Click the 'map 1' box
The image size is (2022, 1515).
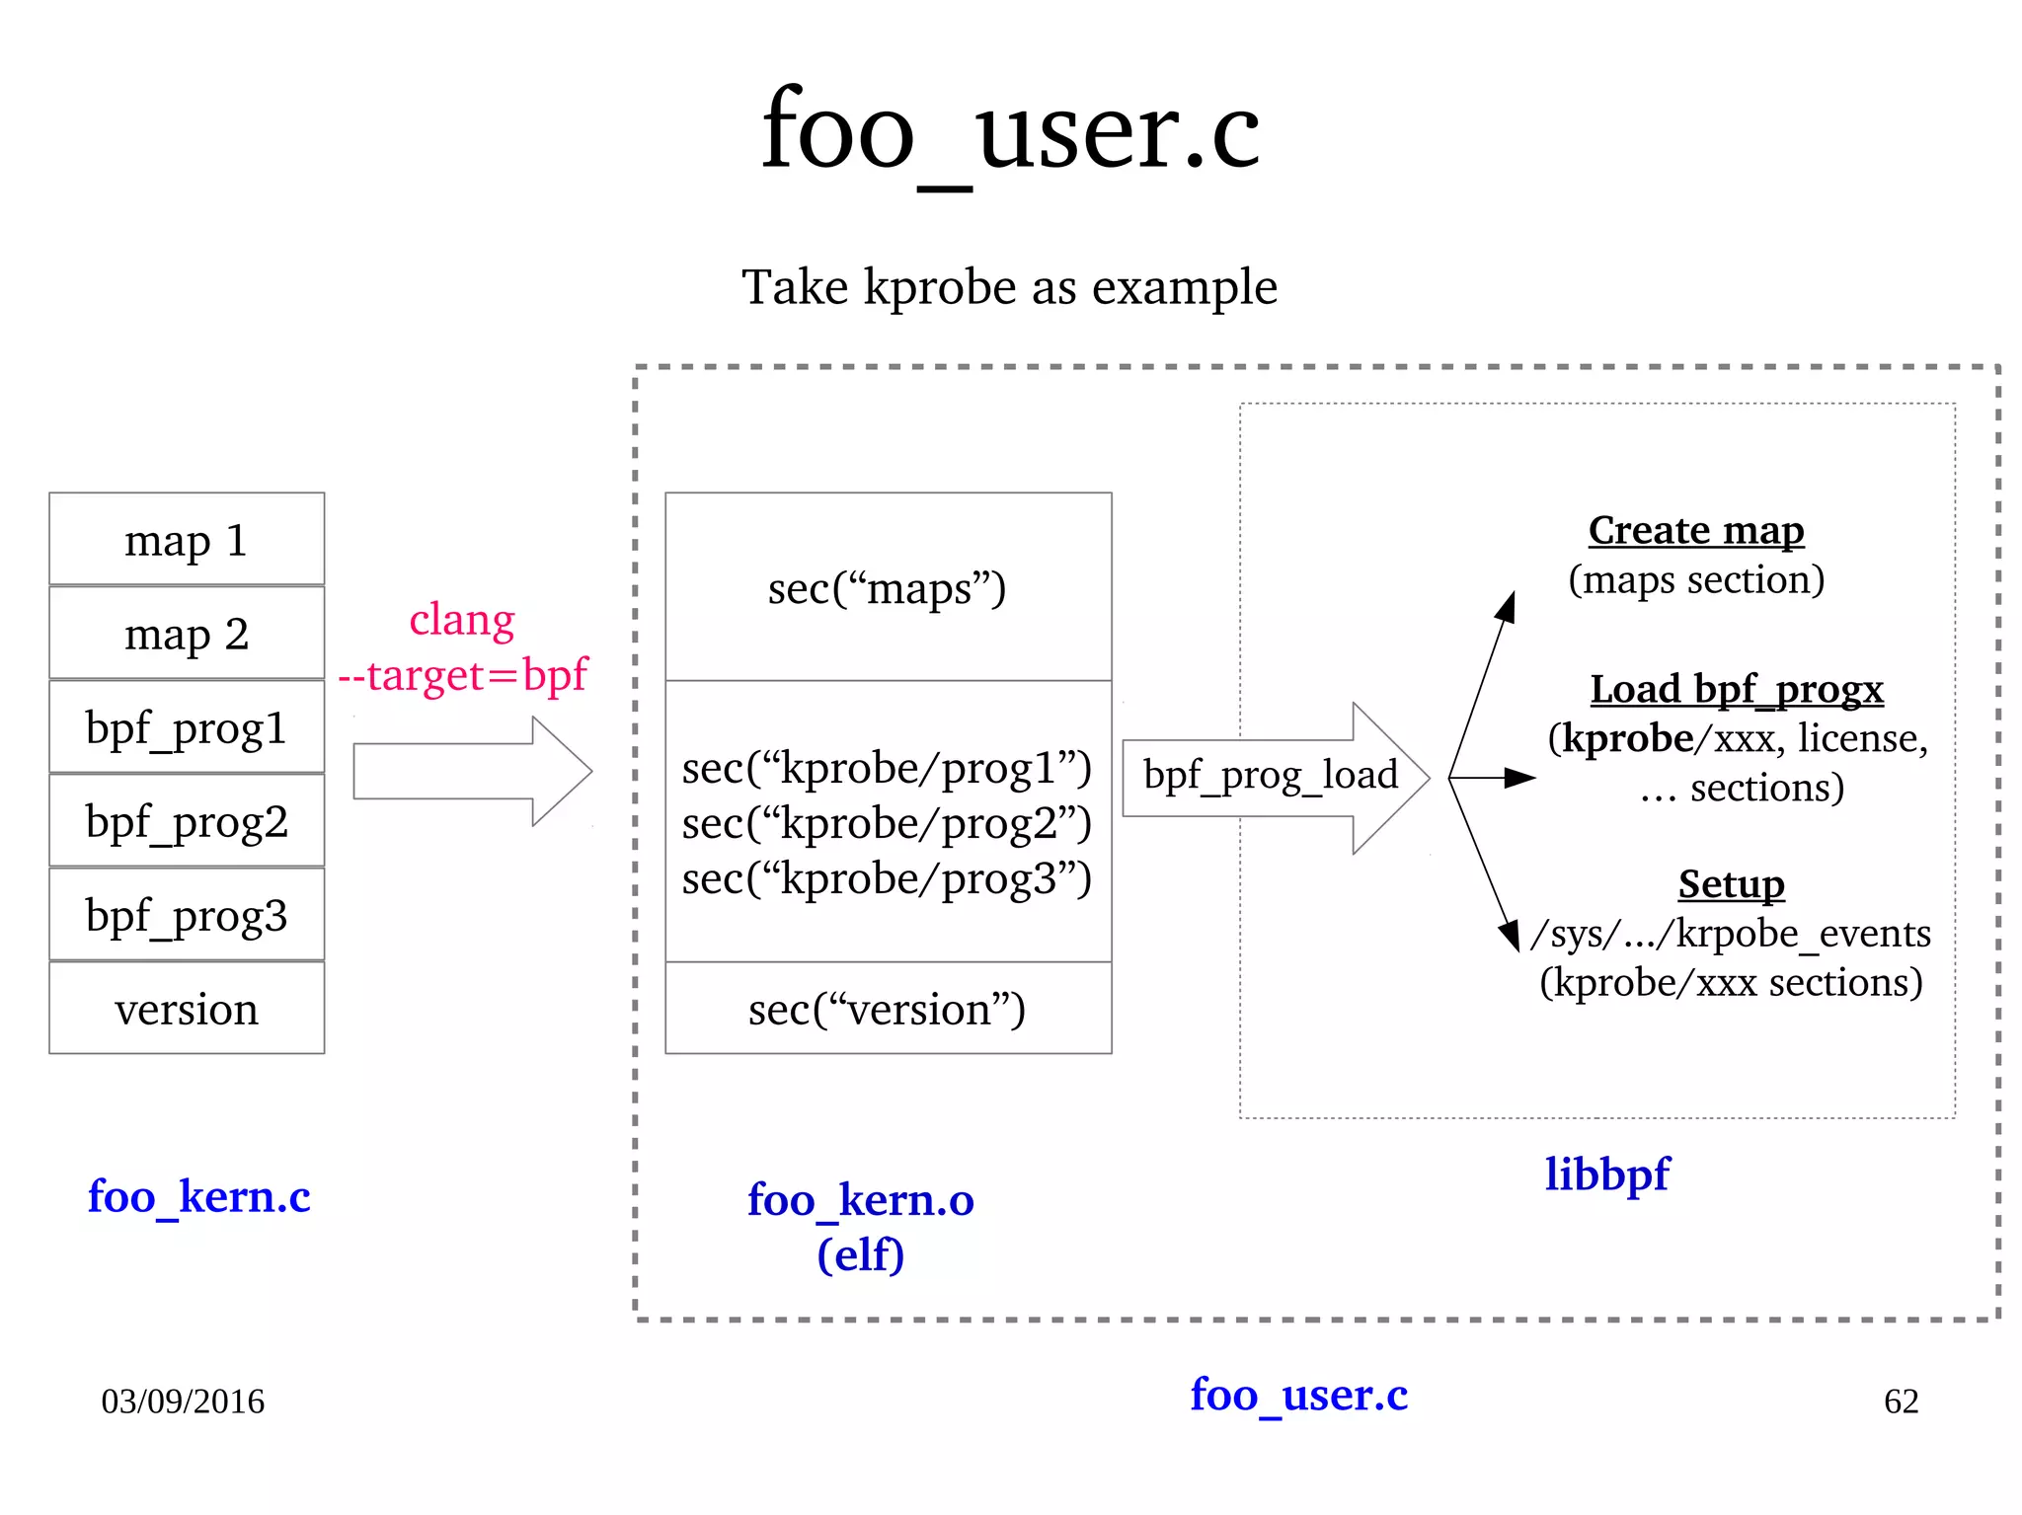click(187, 540)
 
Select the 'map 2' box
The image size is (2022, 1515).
click(187, 634)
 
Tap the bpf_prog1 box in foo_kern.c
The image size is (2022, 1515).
click(187, 727)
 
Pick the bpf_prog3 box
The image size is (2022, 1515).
click(187, 915)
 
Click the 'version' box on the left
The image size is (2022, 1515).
click(187, 1009)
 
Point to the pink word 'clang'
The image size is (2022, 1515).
click(462, 620)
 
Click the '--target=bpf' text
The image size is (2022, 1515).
click(462, 676)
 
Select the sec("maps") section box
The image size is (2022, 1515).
click(887, 588)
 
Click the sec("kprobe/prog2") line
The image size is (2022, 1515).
click(887, 823)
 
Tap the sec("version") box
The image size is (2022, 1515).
click(887, 1009)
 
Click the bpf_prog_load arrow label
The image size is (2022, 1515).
click(1271, 775)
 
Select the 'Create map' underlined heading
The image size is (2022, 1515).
click(1696, 530)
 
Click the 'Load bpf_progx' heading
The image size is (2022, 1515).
click(1737, 689)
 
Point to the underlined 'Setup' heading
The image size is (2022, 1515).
click(1731, 883)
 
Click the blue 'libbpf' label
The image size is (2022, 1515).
click(1606, 1174)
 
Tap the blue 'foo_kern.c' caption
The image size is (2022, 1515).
click(198, 1197)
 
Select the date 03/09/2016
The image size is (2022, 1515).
click(183, 1401)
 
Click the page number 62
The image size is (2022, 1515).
click(1901, 1401)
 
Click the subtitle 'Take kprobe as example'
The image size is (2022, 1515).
click(1009, 287)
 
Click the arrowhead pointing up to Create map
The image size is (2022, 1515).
click(1507, 606)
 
